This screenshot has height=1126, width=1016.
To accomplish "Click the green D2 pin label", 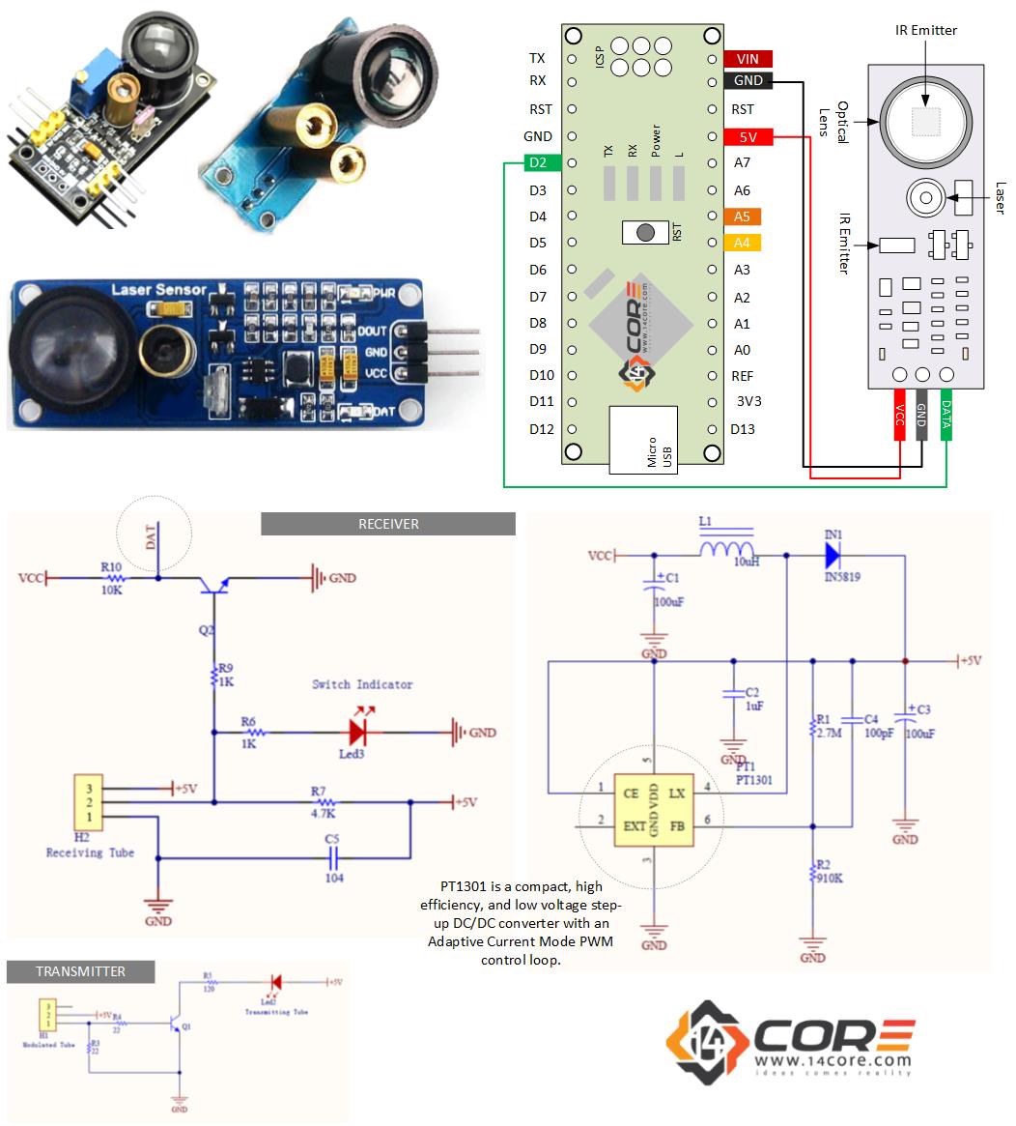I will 538,163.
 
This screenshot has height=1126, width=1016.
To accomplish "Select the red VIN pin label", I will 748,59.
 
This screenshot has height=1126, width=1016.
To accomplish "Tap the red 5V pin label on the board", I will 748,137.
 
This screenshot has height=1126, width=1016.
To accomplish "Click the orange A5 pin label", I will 742,217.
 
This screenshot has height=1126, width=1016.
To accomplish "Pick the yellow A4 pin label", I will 742,243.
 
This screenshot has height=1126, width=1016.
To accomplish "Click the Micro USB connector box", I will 642,440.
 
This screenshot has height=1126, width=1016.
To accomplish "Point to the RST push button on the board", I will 645,232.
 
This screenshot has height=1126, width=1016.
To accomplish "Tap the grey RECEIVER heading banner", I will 387,524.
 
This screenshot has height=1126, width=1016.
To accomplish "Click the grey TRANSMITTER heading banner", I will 80,971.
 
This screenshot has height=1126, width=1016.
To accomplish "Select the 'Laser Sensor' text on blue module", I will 158,289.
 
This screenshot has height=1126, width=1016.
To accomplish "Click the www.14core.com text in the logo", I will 832,1060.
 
